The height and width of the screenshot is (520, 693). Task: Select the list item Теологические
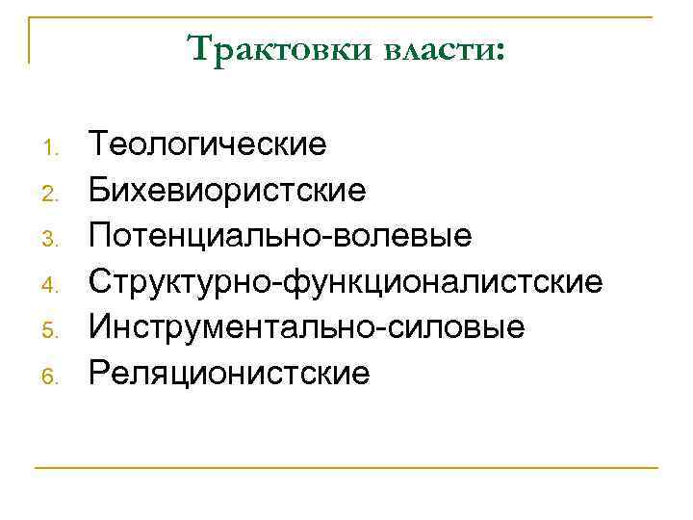[x=208, y=145]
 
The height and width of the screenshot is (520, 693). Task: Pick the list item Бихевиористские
[x=227, y=191]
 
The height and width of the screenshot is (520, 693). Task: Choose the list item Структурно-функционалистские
[x=346, y=282]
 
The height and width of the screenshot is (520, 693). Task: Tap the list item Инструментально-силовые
[x=306, y=327]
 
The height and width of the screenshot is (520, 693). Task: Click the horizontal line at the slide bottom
[x=346, y=468]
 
